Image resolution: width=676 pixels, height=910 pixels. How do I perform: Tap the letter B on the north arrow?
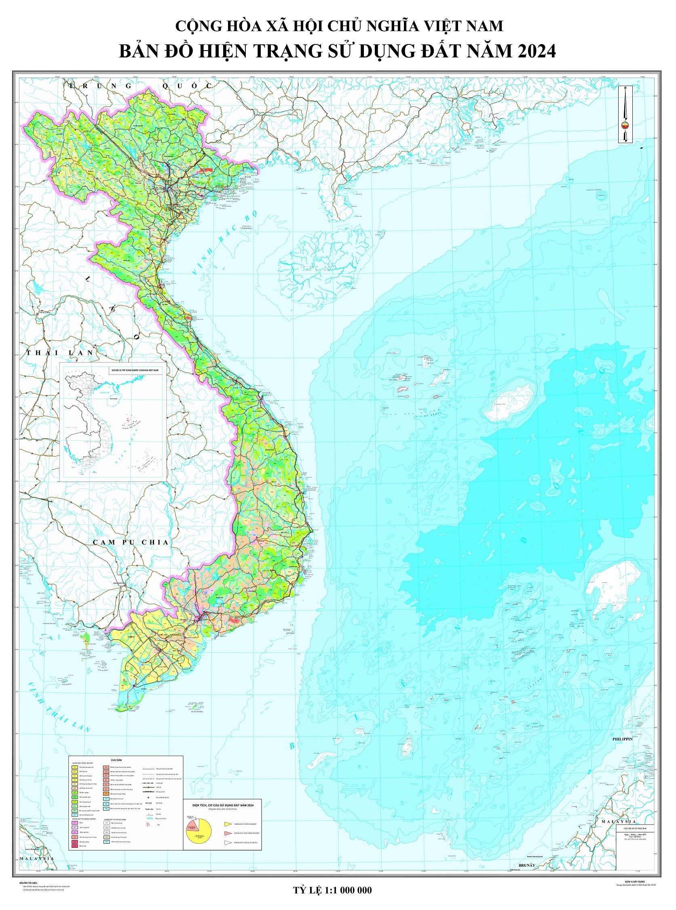pos(625,88)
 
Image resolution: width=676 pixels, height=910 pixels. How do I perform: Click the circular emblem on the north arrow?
pos(625,125)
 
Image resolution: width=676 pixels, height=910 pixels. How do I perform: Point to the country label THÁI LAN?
pos(60,352)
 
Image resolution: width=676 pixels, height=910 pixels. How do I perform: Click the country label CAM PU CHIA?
pos(131,542)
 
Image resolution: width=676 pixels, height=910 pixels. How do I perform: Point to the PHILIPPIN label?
pos(622,739)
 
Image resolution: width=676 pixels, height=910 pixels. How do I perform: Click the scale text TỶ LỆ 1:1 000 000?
pos(332,890)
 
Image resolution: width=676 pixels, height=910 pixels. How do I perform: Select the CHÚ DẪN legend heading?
pos(116,760)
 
